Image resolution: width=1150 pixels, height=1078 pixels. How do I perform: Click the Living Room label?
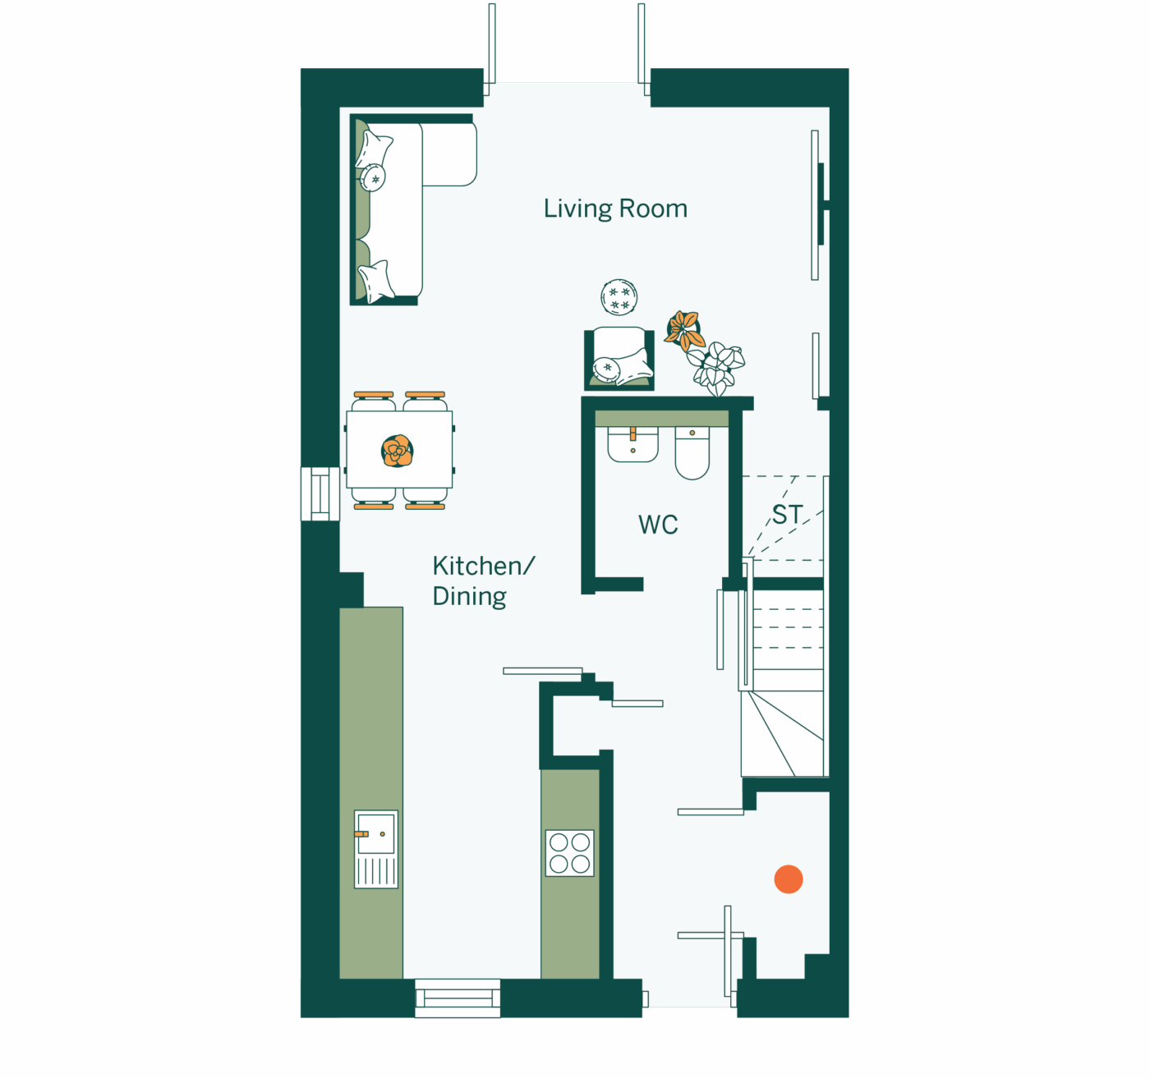[x=615, y=209]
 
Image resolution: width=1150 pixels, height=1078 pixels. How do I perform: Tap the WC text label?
[x=658, y=525]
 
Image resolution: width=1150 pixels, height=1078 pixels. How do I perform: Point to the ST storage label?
[x=787, y=515]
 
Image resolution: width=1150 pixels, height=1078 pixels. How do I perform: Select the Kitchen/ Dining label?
[x=484, y=581]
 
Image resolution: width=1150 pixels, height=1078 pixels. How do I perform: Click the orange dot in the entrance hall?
[x=788, y=878]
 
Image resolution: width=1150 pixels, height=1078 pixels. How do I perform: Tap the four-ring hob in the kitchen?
[x=569, y=853]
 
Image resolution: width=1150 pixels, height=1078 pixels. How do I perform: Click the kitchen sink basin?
[x=376, y=833]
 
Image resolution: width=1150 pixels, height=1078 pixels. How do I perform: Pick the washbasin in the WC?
[x=632, y=444]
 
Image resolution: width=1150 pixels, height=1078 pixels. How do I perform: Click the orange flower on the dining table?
[x=398, y=451]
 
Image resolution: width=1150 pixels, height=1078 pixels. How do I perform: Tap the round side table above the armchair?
[x=619, y=297]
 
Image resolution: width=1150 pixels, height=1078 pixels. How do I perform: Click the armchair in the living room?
[x=619, y=358]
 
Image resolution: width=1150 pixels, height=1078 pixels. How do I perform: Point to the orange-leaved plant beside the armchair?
[x=684, y=331]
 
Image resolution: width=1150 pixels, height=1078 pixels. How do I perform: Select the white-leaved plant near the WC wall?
[x=716, y=368]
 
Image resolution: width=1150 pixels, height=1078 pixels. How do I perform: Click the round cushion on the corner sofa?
[x=373, y=177]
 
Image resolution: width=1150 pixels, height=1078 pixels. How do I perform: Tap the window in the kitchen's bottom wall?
[x=458, y=998]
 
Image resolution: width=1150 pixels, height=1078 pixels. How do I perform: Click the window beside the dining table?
[x=320, y=493]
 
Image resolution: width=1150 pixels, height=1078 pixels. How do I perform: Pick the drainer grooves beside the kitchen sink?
[x=376, y=872]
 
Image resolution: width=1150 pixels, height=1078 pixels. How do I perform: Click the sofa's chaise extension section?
[x=449, y=154]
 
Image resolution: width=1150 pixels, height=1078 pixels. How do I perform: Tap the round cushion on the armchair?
[x=606, y=369]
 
